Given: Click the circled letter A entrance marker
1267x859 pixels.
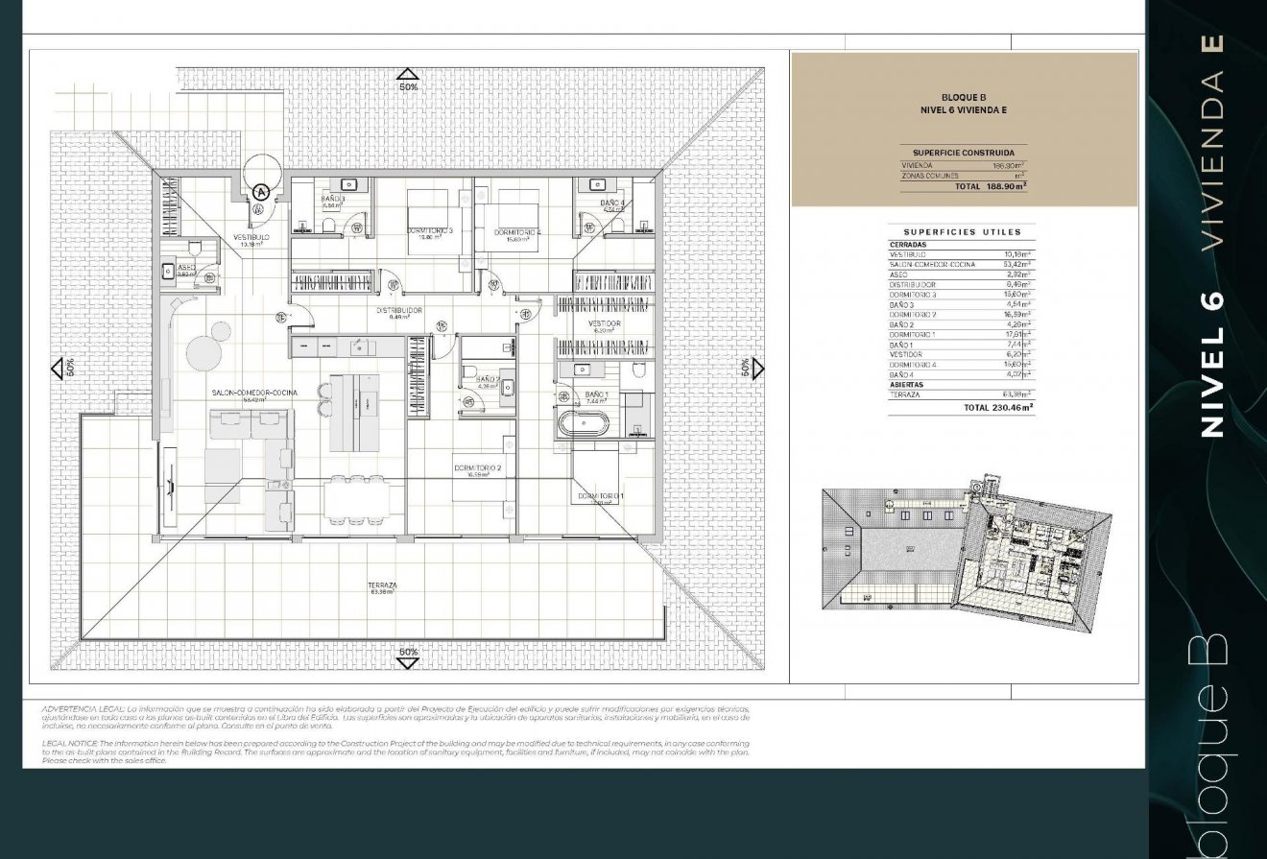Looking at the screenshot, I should coord(259,191).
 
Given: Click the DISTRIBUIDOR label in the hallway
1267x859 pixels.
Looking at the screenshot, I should coord(399,311).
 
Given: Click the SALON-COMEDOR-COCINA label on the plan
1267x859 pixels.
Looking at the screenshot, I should coord(255,394).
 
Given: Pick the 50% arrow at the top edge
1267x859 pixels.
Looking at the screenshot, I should coord(409,77).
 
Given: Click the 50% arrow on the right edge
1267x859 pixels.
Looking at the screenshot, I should coord(757,368).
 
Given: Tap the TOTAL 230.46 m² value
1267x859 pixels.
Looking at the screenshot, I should coord(997,408).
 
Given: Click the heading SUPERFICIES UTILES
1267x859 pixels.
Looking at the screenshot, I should coord(962,232).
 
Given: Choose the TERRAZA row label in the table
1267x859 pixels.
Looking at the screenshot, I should coord(905,394).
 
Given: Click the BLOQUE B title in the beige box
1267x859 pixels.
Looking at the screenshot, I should coord(964,97).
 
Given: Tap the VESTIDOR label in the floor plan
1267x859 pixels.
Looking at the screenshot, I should coord(605,324).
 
